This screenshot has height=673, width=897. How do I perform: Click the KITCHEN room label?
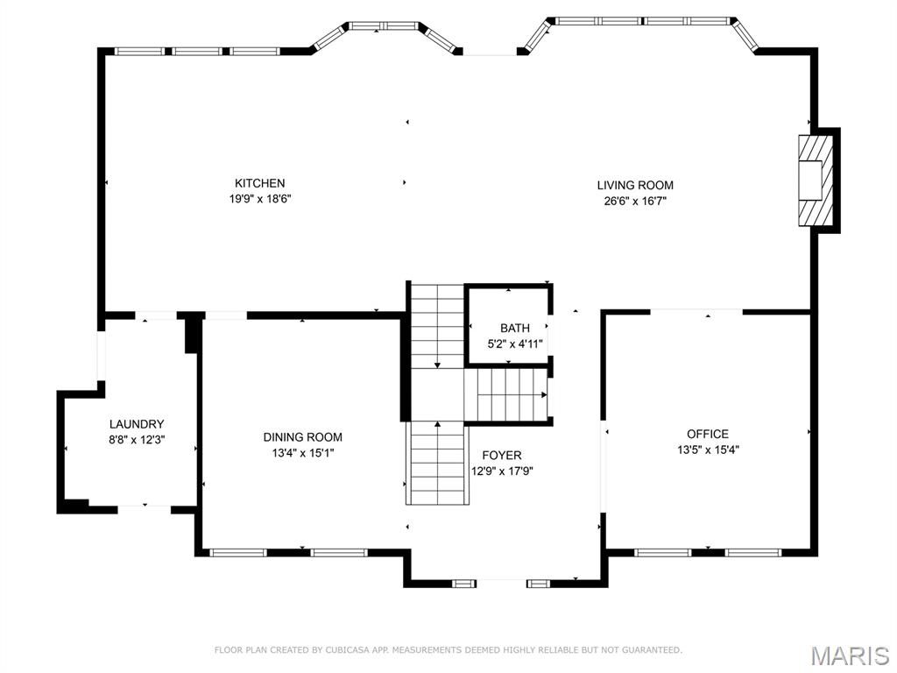pos(259,183)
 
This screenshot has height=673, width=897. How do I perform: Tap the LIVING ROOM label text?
pos(635,185)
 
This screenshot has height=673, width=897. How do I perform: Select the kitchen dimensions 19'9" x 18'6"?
pos(259,199)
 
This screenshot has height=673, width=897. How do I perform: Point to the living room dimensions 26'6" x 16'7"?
pos(635,201)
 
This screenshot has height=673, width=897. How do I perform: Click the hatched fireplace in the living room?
pos(813,181)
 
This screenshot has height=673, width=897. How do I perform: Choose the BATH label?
pos(515,329)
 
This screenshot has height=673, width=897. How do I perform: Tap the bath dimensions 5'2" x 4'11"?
pos(515,344)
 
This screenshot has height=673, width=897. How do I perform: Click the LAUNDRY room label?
pos(137,424)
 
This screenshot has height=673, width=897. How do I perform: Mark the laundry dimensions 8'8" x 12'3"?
pos(137,440)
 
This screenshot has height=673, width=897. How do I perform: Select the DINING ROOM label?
pos(302,437)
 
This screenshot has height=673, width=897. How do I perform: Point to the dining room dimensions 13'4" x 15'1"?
pos(302,453)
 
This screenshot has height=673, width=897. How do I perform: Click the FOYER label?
pos(502,455)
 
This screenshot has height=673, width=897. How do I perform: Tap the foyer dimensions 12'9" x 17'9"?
pos(502,471)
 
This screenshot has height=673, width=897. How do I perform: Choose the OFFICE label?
pos(707,434)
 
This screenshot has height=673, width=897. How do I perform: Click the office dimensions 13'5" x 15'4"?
pos(707,450)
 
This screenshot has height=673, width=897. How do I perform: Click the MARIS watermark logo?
pos(849,655)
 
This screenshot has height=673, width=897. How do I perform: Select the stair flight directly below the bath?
pos(512,395)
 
